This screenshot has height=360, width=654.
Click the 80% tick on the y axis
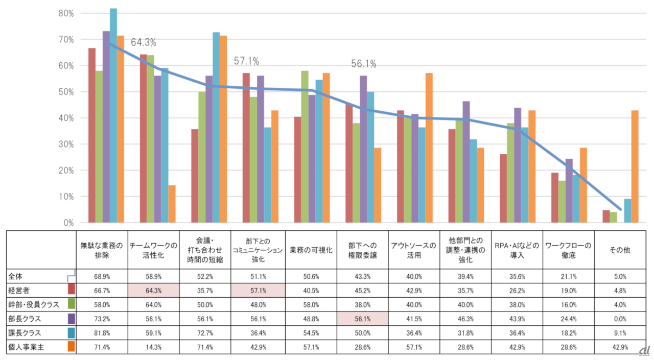pos(67,13)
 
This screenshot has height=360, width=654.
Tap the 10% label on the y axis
pos(67,197)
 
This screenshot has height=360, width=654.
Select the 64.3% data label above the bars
pos(144,42)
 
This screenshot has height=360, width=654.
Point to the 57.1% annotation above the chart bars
pos(246,61)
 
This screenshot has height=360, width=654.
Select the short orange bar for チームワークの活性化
pos(172,204)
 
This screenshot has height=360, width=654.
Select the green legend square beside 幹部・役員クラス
pos(72,304)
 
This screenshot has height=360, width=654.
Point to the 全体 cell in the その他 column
pos(620,276)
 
